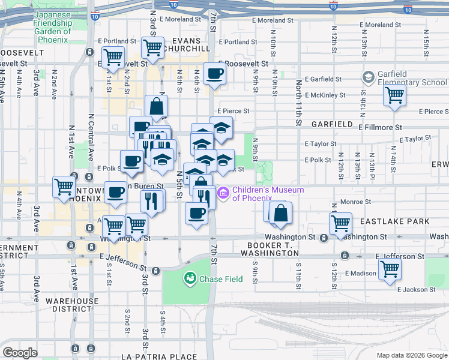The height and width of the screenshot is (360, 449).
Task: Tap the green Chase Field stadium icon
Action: pyautogui.click(x=190, y=278)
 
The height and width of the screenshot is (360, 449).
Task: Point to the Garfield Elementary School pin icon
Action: pyautogui.click(x=369, y=78)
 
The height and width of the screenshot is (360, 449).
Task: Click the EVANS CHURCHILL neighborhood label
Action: pyautogui.click(x=190, y=44)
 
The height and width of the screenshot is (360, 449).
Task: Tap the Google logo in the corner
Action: pyautogui.click(x=20, y=353)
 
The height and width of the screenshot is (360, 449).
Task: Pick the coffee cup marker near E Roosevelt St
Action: pyautogui.click(x=214, y=74)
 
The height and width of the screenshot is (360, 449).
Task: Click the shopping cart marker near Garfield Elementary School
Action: pyautogui.click(x=394, y=95)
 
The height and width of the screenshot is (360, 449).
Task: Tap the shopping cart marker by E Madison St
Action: pyautogui.click(x=390, y=271)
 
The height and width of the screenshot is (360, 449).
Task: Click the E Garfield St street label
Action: pyautogui.click(x=323, y=79)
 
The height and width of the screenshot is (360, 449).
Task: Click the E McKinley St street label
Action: pyautogui.click(x=325, y=95)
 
